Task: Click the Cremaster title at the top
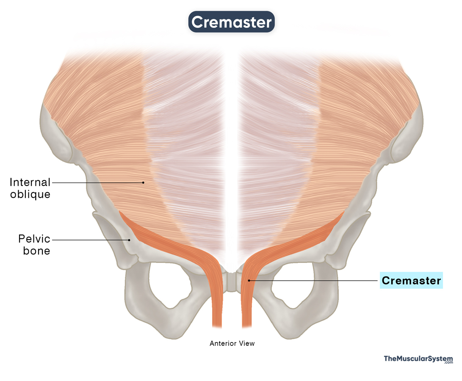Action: pyautogui.click(x=231, y=22)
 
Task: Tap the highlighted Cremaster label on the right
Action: pyautogui.click(x=411, y=280)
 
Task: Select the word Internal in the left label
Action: pyautogui.click(x=30, y=182)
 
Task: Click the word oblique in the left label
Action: pyautogui.click(x=30, y=194)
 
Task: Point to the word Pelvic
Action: pyautogui.click(x=34, y=239)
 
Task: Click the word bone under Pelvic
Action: pyautogui.click(x=36, y=251)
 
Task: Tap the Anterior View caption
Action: pyautogui.click(x=232, y=343)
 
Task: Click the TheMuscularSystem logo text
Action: pyautogui.click(x=418, y=358)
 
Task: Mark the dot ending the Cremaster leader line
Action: pyautogui.click(x=249, y=281)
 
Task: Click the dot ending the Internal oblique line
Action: pyautogui.click(x=143, y=183)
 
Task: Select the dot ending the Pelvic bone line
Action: pyautogui.click(x=129, y=240)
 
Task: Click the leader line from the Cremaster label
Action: pyautogui.click(x=313, y=281)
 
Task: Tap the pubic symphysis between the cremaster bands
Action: pyautogui.click(x=232, y=282)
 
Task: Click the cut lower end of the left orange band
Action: pyautogui.click(x=217, y=326)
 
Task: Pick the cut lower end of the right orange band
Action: pyautogui.click(x=247, y=326)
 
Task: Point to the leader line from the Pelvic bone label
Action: pyautogui.click(x=91, y=240)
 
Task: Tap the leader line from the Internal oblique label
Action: pyautogui.click(x=97, y=183)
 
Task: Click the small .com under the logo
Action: pyautogui.click(x=449, y=363)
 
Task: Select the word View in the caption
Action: pyautogui.click(x=247, y=343)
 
